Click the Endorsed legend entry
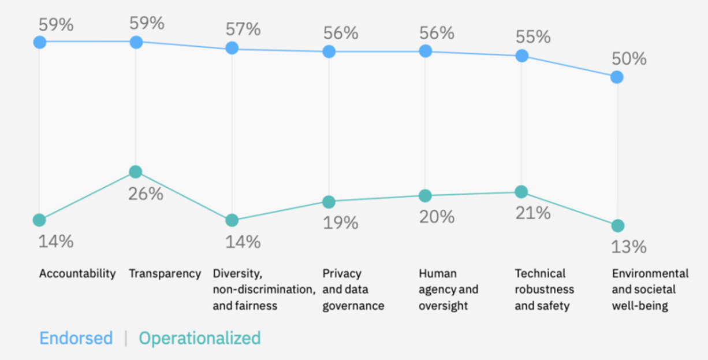pyautogui.click(x=76, y=338)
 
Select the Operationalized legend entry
pyautogui.click(x=199, y=338)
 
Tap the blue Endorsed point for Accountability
pyautogui.click(x=39, y=42)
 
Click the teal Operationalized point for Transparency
pyautogui.click(x=136, y=172)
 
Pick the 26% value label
pyautogui.click(x=146, y=194)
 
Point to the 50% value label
pyautogui.click(x=628, y=59)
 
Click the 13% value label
pyautogui.click(x=628, y=247)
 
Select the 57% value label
pyautogui.click(x=243, y=29)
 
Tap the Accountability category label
pyautogui.click(x=77, y=273)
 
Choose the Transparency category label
pyautogui.click(x=165, y=273)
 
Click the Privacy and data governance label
pyautogui.click(x=353, y=290)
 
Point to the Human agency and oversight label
pyautogui.click(x=449, y=290)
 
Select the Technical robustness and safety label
pyautogui.click(x=545, y=290)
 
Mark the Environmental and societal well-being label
pyautogui.click(x=650, y=290)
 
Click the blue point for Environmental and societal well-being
pyautogui.click(x=617, y=77)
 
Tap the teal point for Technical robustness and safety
pyautogui.click(x=521, y=192)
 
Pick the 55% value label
pyautogui.click(x=532, y=37)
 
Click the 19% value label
pyautogui.click(x=340, y=222)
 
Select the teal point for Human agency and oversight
pyautogui.click(x=425, y=196)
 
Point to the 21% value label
pyautogui.click(x=532, y=213)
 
